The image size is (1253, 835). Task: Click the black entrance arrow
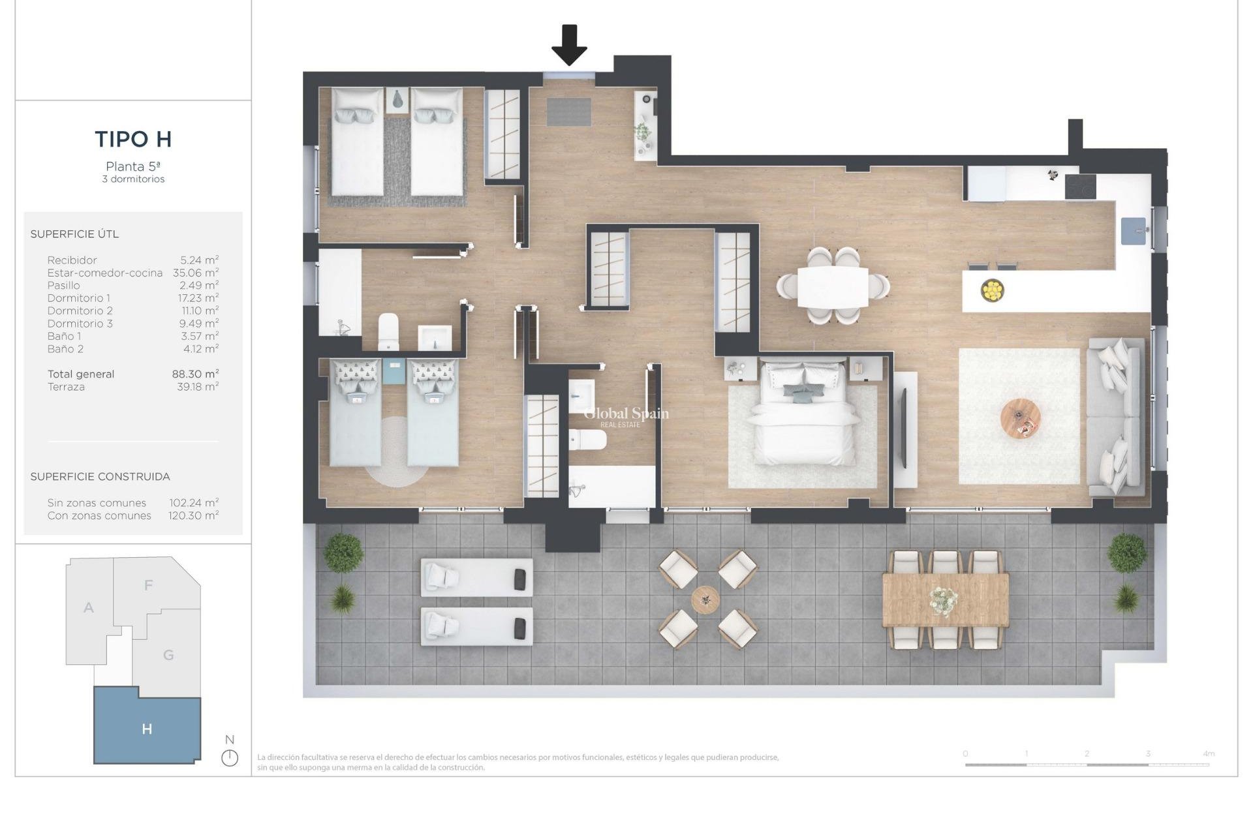coord(569,44)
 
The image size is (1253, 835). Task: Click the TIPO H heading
coord(133,139)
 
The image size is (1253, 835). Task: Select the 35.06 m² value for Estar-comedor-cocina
coord(196,273)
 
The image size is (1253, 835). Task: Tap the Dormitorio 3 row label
coord(80,324)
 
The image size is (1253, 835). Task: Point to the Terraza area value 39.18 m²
coord(198,387)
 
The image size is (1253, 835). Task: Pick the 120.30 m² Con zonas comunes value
coord(194,515)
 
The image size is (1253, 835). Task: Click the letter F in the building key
coord(149,585)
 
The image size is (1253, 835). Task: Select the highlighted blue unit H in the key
coord(147,729)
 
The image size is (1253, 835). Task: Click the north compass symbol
coord(230,757)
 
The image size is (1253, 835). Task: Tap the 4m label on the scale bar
coord(1208,753)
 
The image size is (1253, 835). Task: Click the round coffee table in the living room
coord(1020,419)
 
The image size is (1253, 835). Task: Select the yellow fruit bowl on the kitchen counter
coord(992,290)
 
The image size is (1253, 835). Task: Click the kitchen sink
coord(1134,231)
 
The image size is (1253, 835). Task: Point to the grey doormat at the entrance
coord(568,112)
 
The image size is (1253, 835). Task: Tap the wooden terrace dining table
coord(945,600)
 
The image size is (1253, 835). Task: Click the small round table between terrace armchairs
coord(705,599)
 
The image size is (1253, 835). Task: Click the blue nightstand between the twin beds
coord(394,370)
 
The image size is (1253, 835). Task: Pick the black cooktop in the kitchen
coord(1080,187)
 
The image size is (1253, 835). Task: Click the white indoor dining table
coord(833,287)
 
